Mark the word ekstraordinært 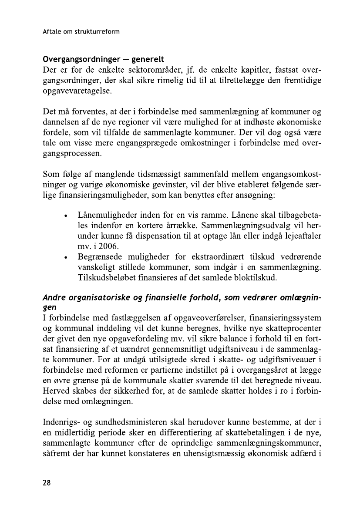(x=232, y=257)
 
